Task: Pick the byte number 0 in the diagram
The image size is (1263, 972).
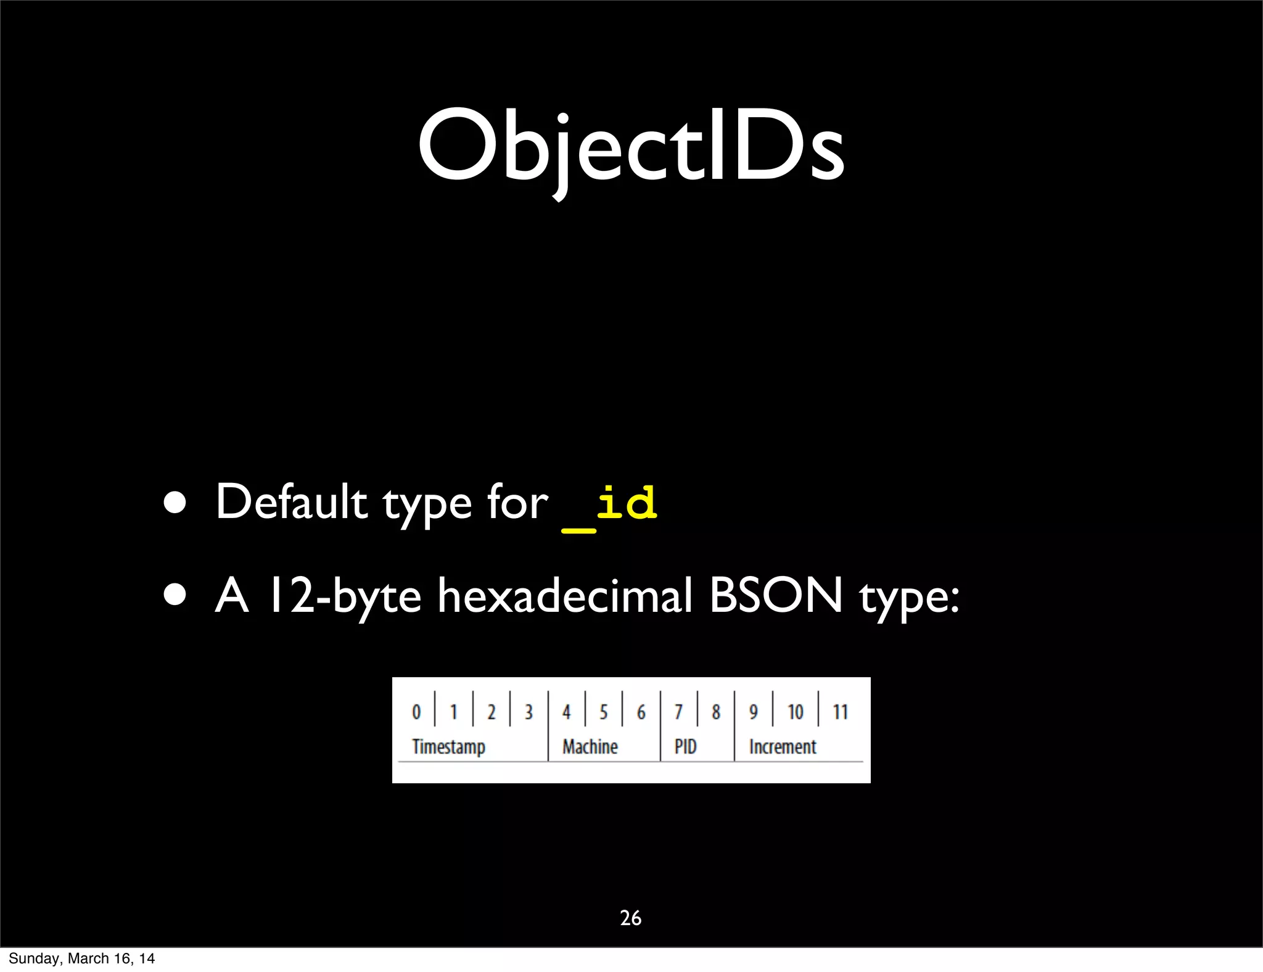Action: click(416, 712)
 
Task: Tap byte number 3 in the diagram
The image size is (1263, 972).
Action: click(529, 712)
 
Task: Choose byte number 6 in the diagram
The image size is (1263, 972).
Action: click(641, 712)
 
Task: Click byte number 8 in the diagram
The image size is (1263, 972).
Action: click(715, 712)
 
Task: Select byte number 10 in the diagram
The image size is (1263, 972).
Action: click(795, 712)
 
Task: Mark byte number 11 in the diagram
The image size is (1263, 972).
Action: click(840, 712)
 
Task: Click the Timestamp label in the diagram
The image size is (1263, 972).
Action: click(448, 747)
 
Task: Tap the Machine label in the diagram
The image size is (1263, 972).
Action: click(590, 747)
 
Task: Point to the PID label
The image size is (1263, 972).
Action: click(685, 747)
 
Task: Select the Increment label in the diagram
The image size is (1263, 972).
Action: click(783, 747)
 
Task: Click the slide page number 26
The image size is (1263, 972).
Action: click(630, 918)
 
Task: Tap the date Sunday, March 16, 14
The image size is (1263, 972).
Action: click(81, 958)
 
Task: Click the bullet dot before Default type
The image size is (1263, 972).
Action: click(175, 503)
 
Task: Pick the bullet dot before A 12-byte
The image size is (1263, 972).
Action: click(175, 596)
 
